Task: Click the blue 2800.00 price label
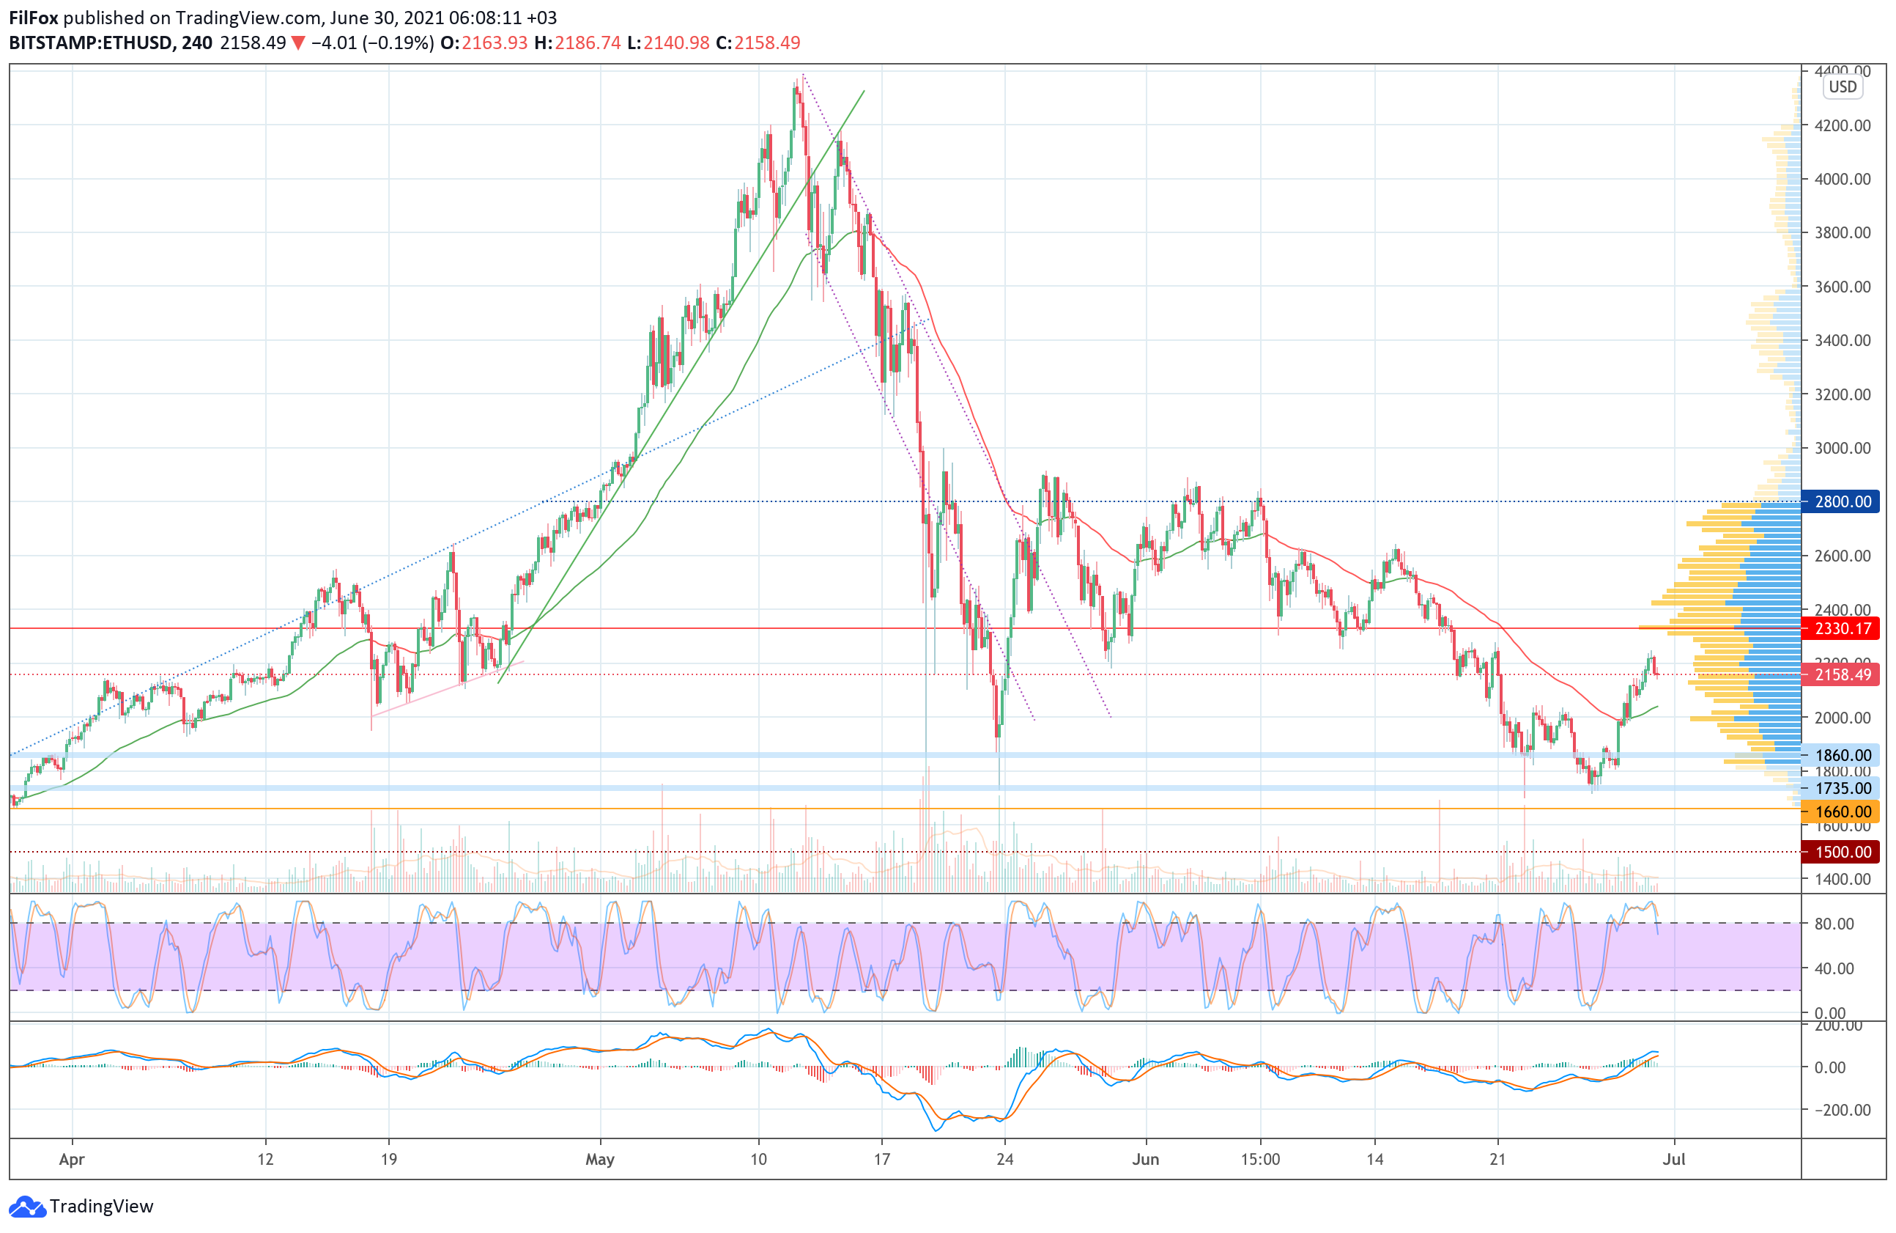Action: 1842,501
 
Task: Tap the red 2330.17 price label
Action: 1842,628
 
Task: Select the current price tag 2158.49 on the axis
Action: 1842,674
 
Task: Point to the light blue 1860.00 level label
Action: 1842,755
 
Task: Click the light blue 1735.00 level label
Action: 1842,788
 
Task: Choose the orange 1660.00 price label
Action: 1842,811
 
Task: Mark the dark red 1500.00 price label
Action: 1842,851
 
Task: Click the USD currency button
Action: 1842,87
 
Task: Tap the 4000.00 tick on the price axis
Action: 1842,179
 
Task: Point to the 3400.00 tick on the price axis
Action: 1842,340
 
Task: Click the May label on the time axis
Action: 599,1159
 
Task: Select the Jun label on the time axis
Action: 1145,1159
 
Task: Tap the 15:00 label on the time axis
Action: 1259,1159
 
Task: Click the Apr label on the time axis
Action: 72,1159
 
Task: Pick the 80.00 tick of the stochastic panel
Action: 1834,924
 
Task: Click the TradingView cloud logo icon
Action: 27,1207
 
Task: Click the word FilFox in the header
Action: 34,18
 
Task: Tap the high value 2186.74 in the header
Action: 587,43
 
